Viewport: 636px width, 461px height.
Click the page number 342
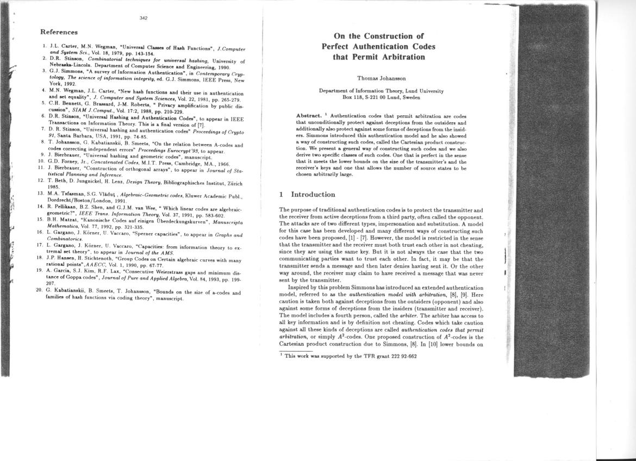tap(144, 18)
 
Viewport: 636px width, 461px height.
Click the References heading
tap(59, 33)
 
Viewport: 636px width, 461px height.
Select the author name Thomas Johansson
tap(381, 78)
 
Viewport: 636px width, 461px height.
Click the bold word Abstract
tap(308, 116)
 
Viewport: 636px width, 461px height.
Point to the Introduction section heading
tap(313, 195)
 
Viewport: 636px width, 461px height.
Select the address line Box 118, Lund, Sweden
tap(381, 97)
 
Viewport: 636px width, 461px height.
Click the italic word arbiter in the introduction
tap(425, 316)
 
